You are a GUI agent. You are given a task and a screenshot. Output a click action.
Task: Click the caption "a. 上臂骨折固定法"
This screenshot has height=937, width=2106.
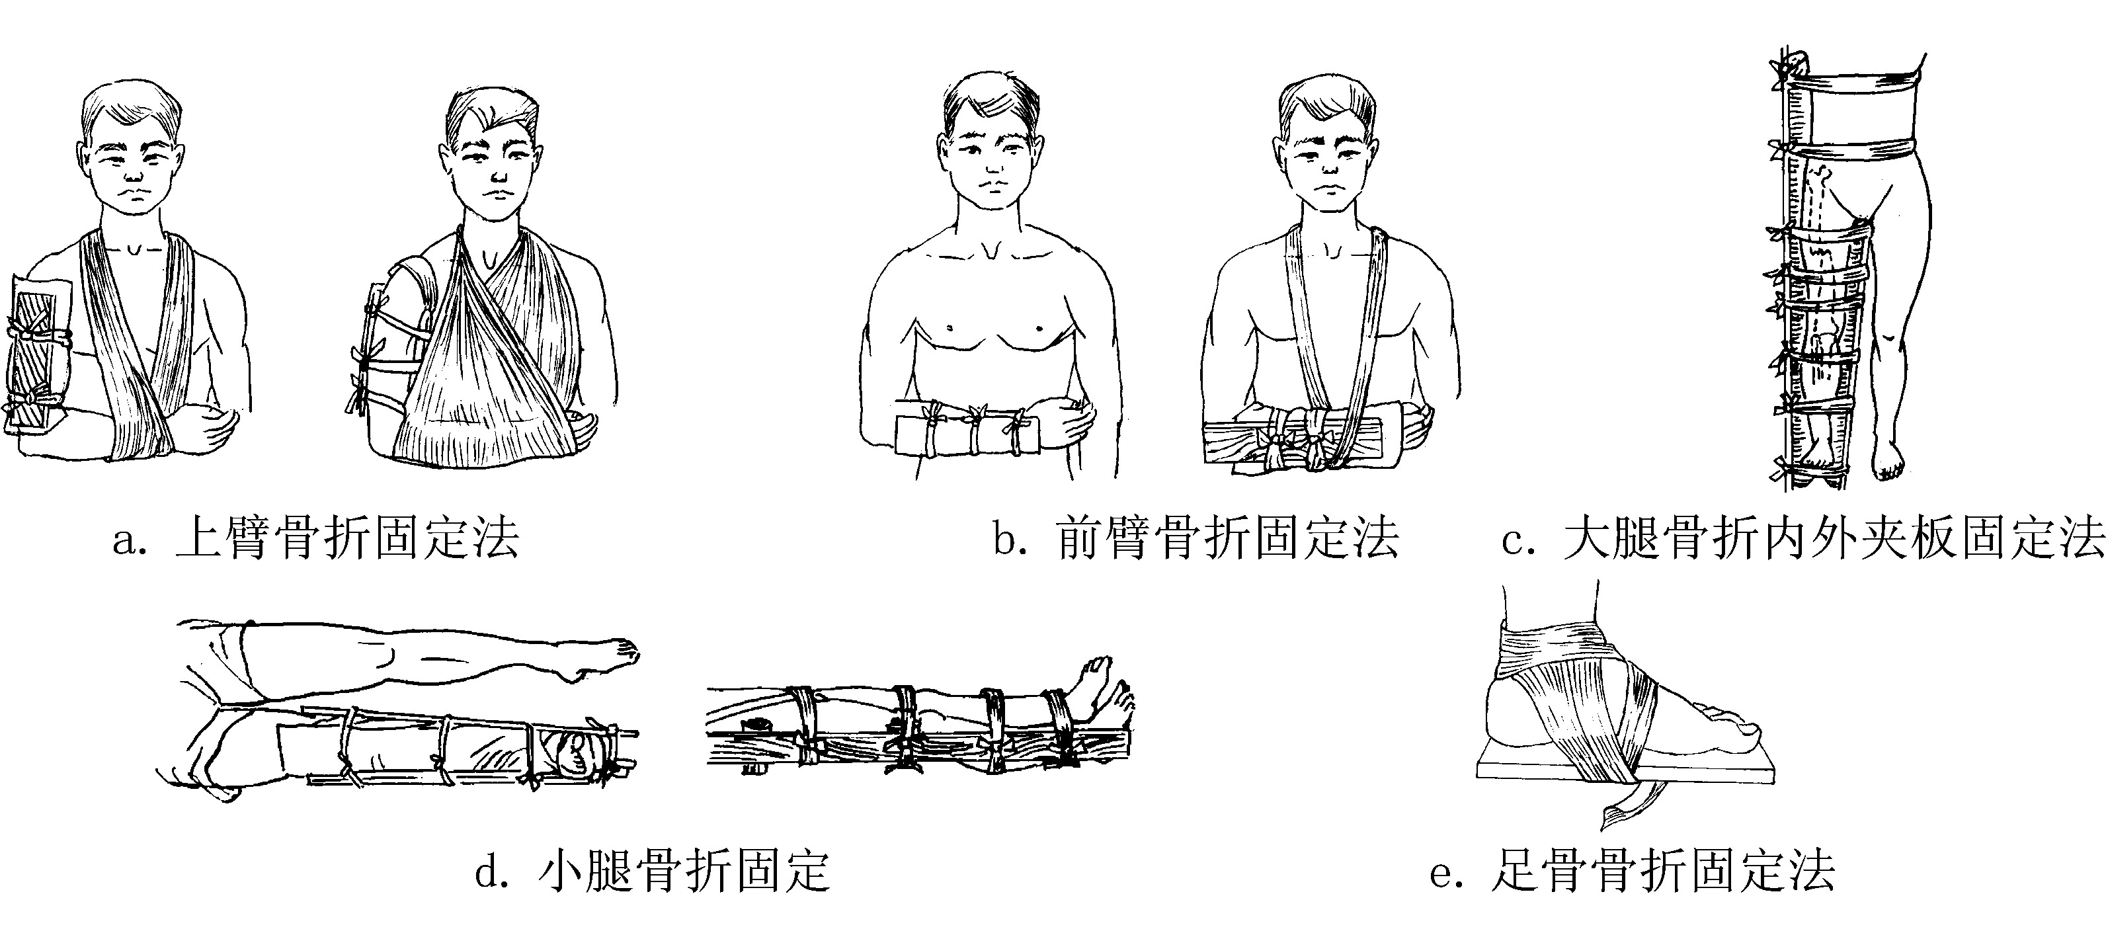click(316, 539)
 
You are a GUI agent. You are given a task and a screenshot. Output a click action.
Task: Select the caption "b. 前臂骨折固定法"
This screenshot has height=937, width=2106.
click(1196, 539)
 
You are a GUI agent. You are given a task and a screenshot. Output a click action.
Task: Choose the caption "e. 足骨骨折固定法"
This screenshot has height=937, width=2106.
click(1633, 872)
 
